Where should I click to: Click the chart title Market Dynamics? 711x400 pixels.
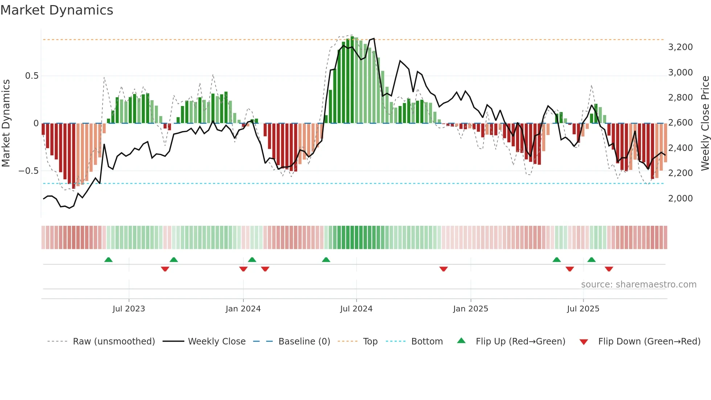point(57,10)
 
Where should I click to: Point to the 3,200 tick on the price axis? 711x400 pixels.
point(680,47)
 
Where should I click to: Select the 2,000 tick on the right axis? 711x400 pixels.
point(680,199)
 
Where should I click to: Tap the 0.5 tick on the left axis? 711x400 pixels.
point(32,76)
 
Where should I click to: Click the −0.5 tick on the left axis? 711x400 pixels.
point(29,171)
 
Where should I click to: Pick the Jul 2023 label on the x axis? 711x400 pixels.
point(129,309)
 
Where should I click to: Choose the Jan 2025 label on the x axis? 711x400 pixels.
point(470,309)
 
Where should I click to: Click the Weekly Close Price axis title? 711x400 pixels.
point(705,123)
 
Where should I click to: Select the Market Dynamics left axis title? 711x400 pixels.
point(6,123)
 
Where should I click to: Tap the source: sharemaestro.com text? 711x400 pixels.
point(638,285)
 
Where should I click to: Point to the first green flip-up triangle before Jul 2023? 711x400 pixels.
point(108,260)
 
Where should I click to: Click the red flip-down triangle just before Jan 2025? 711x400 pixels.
point(443,269)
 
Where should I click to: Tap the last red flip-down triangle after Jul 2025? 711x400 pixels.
point(609,269)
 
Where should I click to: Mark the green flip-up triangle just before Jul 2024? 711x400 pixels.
point(326,260)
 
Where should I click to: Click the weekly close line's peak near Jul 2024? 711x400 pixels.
point(374,38)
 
